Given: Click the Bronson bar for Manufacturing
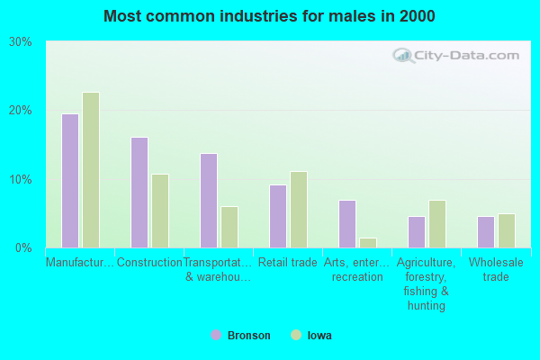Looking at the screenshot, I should click(x=70, y=181).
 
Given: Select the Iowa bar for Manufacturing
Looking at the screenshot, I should click(x=91, y=170).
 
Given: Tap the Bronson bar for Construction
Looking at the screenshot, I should click(x=139, y=193).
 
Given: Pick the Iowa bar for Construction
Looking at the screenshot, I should click(x=160, y=211).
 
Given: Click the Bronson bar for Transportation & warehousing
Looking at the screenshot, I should click(x=209, y=201).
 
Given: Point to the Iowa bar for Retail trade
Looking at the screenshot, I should click(x=299, y=210).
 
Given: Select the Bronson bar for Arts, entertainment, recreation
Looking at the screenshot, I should click(x=347, y=224).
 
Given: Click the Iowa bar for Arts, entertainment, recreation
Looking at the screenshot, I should click(x=368, y=243).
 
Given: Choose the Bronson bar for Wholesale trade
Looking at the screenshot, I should click(x=486, y=232).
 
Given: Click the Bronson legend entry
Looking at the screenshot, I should click(x=240, y=336).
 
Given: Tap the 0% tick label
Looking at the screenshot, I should click(x=23, y=247).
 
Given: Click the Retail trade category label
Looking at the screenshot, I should click(x=288, y=263).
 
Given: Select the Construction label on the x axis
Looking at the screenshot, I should click(x=149, y=263).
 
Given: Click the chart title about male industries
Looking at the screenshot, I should click(x=269, y=16).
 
